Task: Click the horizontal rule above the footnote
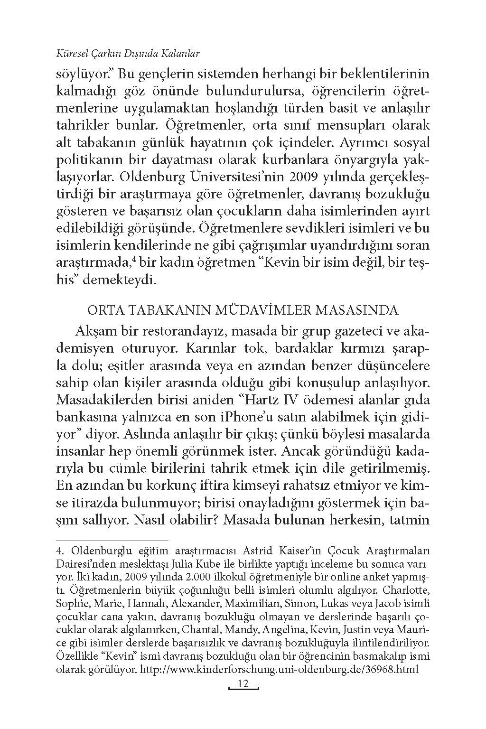pos(112,541)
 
